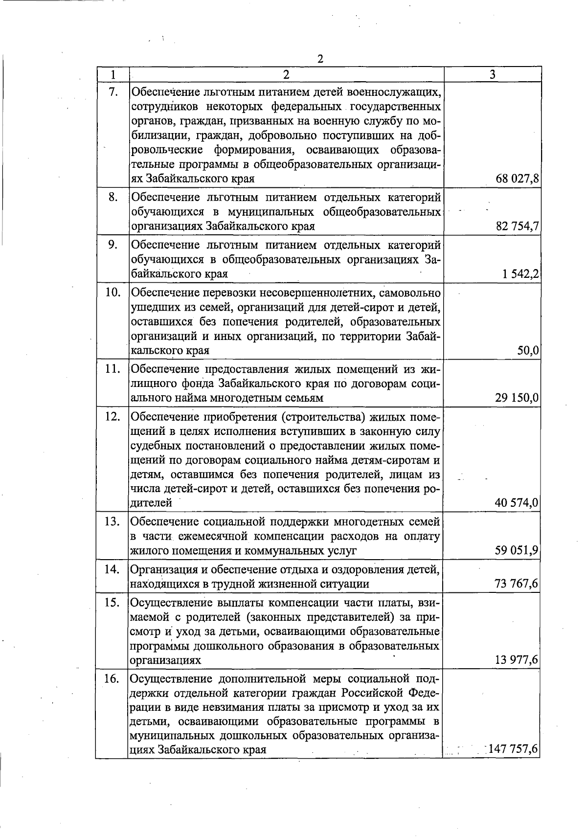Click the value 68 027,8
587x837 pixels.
click(x=517, y=179)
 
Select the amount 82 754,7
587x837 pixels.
click(x=517, y=226)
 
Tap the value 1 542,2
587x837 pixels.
click(x=520, y=274)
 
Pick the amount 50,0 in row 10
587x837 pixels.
click(x=528, y=351)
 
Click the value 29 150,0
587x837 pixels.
click(x=517, y=398)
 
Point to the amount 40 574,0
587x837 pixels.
click(x=517, y=503)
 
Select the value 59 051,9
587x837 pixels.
click(x=517, y=551)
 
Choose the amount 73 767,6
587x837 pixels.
click(x=517, y=584)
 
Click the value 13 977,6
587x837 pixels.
click(x=517, y=660)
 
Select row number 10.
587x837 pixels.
click(x=113, y=293)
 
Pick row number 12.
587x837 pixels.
click(x=113, y=417)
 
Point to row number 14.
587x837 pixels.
click(x=113, y=569)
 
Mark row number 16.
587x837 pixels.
click(x=113, y=679)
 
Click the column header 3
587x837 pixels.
click(x=492, y=74)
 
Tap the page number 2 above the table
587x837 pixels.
click(x=320, y=59)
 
